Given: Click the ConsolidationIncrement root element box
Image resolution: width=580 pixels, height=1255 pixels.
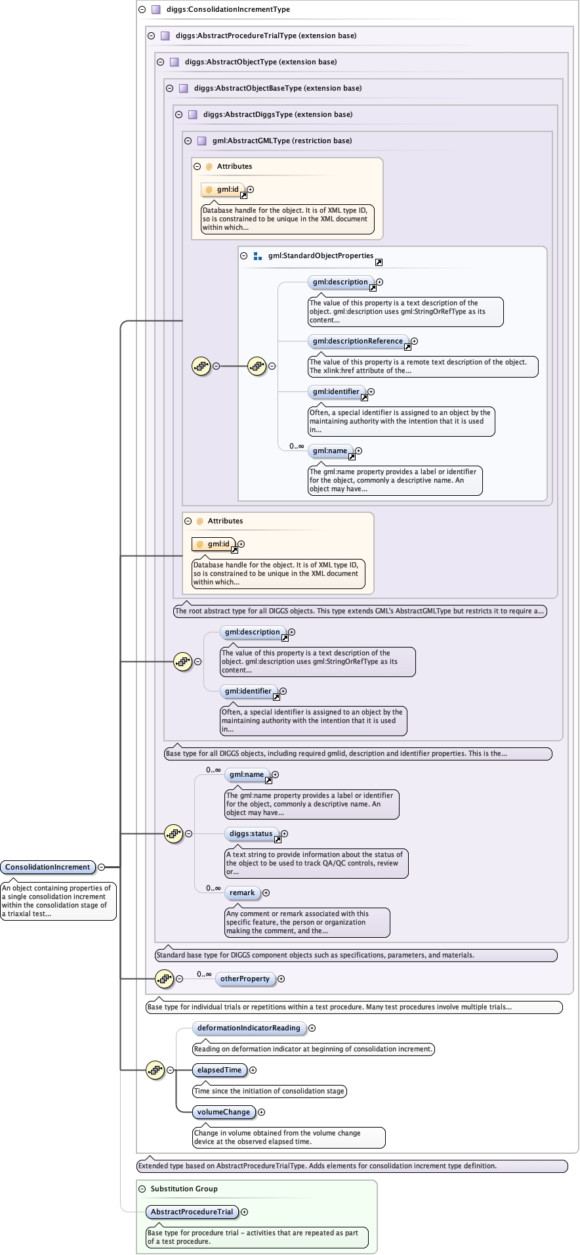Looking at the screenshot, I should [x=48, y=868].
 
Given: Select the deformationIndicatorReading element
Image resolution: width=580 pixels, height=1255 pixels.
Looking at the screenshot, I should [x=249, y=1028].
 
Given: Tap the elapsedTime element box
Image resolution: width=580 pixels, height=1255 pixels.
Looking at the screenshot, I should [x=219, y=1070].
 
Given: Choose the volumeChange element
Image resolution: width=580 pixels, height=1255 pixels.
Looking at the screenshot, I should [x=223, y=1112].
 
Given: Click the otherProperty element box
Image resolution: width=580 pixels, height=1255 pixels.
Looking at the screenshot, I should [x=245, y=979].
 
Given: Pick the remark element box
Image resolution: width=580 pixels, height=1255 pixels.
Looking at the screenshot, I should [x=242, y=892].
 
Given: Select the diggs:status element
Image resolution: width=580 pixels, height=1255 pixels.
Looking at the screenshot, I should [x=251, y=833].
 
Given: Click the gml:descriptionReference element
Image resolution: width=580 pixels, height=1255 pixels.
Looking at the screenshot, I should [x=358, y=341].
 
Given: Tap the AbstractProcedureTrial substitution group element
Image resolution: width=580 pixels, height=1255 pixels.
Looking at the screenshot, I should [x=192, y=1212].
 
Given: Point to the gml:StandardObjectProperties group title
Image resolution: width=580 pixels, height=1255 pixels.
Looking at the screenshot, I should [x=321, y=255].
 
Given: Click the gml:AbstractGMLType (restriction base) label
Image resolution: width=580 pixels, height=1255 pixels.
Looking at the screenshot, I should [x=281, y=141].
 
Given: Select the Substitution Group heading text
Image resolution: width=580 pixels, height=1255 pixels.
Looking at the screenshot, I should [x=184, y=1189].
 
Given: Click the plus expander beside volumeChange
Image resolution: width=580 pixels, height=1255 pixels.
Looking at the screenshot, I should [x=261, y=1112].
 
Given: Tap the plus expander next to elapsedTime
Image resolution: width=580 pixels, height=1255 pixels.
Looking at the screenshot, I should [x=253, y=1070].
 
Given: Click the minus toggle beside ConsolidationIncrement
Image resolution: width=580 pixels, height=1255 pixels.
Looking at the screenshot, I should [x=102, y=868].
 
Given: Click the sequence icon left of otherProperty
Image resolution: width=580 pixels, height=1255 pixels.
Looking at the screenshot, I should [x=165, y=979].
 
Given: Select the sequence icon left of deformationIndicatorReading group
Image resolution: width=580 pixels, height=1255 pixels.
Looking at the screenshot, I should [x=155, y=1070].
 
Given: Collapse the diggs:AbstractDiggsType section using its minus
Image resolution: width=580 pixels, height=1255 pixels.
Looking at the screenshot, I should [x=179, y=114].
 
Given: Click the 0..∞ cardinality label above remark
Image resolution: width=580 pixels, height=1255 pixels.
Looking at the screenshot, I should [x=213, y=888].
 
